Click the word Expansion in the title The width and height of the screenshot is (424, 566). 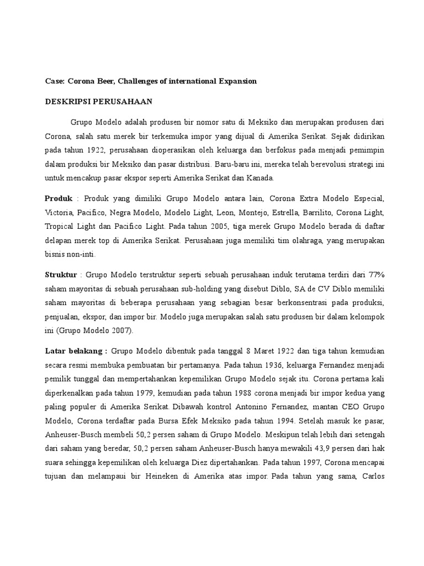236,81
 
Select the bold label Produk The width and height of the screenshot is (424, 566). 59,198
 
